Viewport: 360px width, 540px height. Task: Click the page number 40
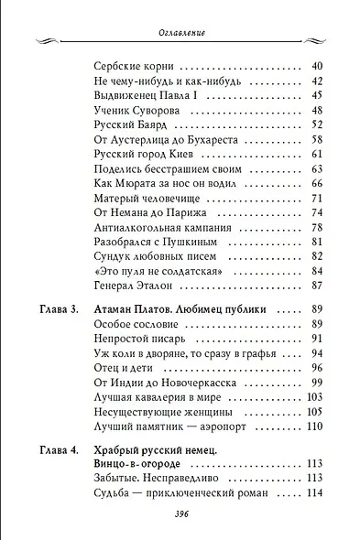coord(319,67)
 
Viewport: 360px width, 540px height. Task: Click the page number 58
coord(319,140)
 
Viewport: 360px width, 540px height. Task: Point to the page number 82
coord(319,257)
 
